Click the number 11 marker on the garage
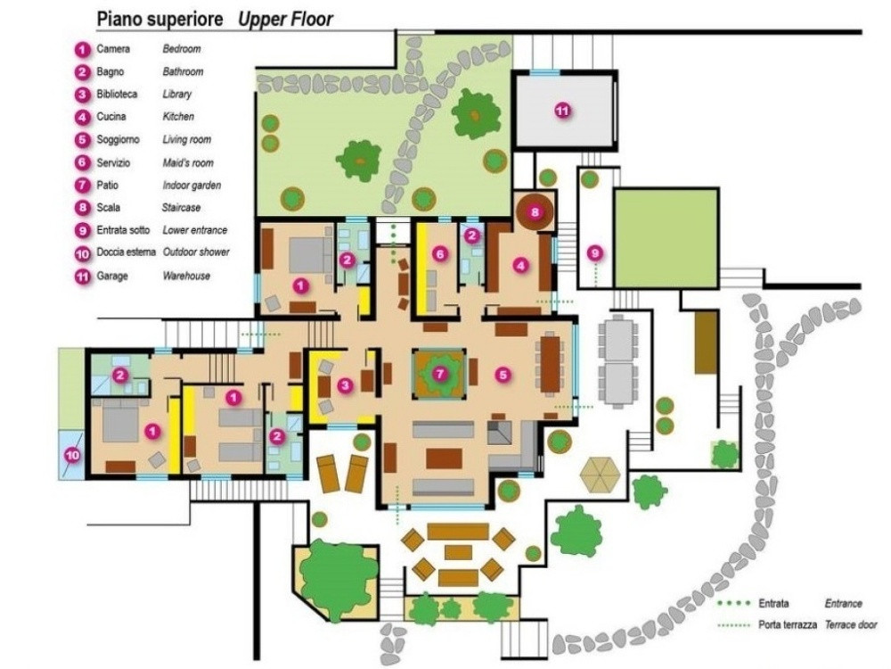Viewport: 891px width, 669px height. pos(562,111)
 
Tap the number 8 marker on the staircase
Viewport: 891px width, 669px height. pos(535,211)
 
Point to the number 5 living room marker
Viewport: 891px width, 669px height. pos(503,375)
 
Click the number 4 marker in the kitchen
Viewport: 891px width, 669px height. pos(520,263)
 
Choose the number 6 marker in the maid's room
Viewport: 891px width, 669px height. pos(438,254)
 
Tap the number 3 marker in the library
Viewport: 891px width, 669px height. pos(345,384)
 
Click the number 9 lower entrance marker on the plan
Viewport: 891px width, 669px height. pos(595,252)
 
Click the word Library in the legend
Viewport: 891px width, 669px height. pos(176,95)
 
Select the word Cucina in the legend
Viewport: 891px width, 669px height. pos(111,117)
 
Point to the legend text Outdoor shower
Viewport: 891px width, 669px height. pos(196,252)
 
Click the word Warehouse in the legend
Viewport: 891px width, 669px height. pos(186,276)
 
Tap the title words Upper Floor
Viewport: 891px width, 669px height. pos(285,19)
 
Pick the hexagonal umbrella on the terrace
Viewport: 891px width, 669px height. pos(600,474)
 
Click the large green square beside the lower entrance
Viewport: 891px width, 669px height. pos(666,238)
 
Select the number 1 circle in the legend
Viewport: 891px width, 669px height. pos(81,49)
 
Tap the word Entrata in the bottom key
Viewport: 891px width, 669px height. pos(773,604)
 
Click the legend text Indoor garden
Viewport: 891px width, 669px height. pos(192,186)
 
